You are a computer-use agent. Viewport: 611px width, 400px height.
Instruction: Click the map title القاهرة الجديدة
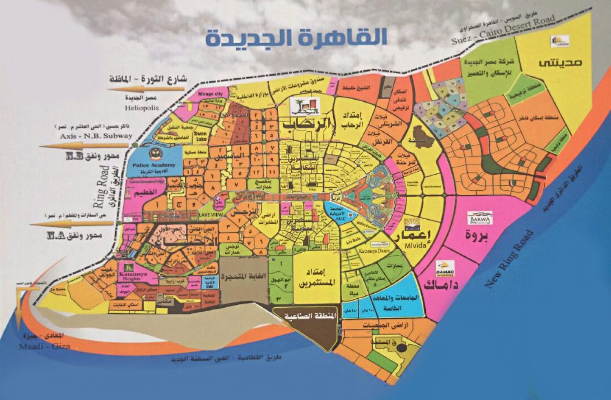click(296, 37)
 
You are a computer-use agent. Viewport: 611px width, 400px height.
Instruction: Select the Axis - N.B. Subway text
click(96, 136)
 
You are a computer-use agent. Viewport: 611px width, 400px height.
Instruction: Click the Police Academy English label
click(154, 165)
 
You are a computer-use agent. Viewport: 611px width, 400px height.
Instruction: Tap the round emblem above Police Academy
click(154, 153)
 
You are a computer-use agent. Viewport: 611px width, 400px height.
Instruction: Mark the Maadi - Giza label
click(44, 346)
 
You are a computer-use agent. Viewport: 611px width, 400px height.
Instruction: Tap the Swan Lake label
click(200, 136)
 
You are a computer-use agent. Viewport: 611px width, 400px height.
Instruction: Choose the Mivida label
click(415, 245)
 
